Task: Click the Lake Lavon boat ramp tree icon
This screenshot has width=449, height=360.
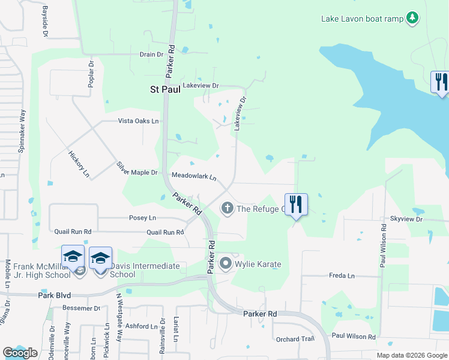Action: (x=412, y=18)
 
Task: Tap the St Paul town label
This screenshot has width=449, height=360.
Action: (x=164, y=89)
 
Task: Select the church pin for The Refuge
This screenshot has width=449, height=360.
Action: (x=227, y=208)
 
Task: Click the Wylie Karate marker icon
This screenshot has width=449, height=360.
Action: (x=226, y=263)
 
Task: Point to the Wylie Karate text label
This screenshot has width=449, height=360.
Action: (x=258, y=264)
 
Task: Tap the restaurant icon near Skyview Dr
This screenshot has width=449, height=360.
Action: (x=295, y=204)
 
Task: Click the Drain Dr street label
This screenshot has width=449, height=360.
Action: (x=151, y=54)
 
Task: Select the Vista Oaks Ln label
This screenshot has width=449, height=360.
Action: (x=138, y=121)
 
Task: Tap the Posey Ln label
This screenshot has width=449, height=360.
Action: (x=142, y=217)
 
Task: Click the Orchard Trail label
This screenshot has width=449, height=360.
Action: (x=295, y=339)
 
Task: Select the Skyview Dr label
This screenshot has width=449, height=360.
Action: (x=406, y=220)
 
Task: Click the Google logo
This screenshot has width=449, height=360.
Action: (x=20, y=353)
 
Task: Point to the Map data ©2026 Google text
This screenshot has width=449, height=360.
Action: (x=412, y=355)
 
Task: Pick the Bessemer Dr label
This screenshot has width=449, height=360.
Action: (x=81, y=308)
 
